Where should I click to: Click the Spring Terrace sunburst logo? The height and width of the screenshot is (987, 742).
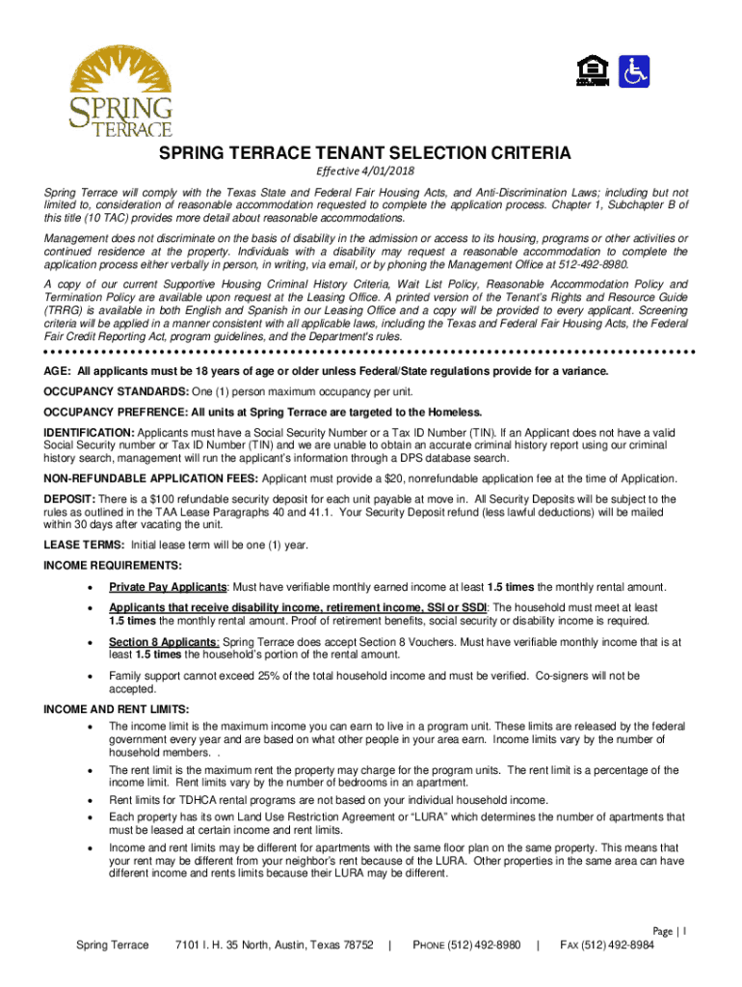121,92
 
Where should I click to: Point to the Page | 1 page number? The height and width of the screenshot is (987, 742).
668,931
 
